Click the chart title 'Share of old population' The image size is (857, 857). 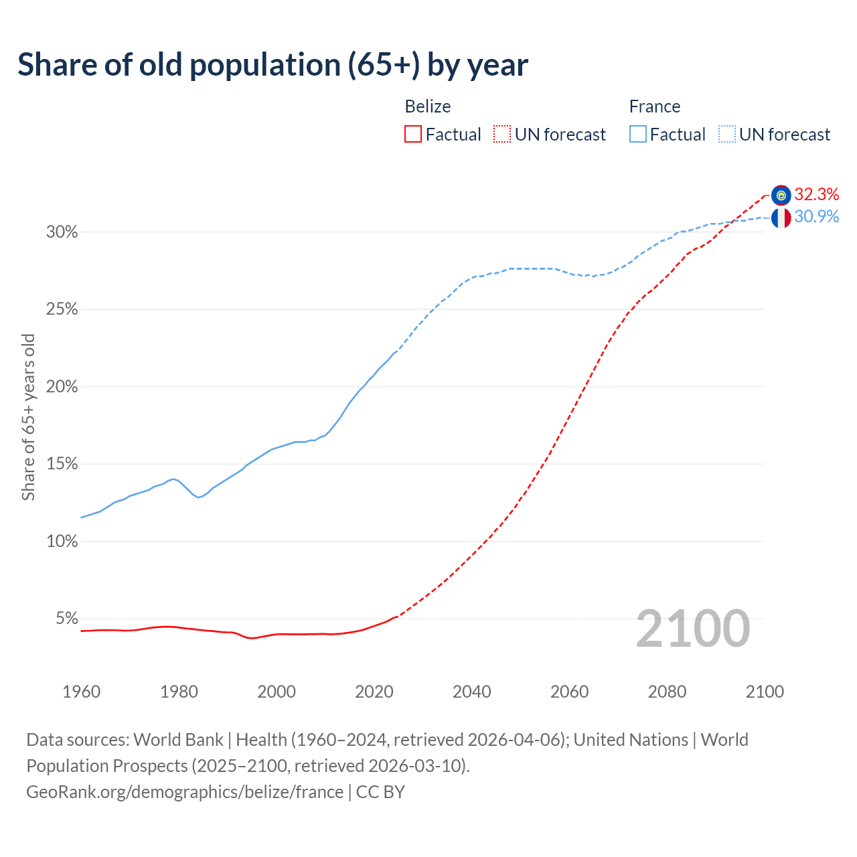(x=272, y=65)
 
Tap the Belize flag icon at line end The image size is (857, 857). (x=781, y=195)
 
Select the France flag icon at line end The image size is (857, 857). (x=781, y=218)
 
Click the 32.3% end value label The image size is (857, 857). (x=816, y=194)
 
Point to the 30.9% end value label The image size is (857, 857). (x=816, y=216)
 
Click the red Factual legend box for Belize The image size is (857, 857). (x=413, y=135)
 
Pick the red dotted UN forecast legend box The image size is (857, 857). (x=502, y=135)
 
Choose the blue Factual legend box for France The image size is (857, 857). (x=638, y=135)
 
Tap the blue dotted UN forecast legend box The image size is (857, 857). (x=727, y=135)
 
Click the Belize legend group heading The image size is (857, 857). (x=428, y=106)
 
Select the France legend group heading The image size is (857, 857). (x=654, y=106)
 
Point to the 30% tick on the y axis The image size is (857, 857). (x=62, y=232)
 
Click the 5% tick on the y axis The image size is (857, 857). (x=66, y=619)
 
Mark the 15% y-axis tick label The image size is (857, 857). (x=62, y=464)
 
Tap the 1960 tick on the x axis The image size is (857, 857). (x=81, y=692)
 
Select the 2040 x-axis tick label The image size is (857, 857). (x=471, y=692)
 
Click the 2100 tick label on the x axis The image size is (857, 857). (x=765, y=692)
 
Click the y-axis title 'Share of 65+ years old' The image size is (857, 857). (x=28, y=417)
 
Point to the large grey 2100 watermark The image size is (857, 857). (x=692, y=629)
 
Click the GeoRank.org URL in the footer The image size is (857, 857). (x=185, y=792)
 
